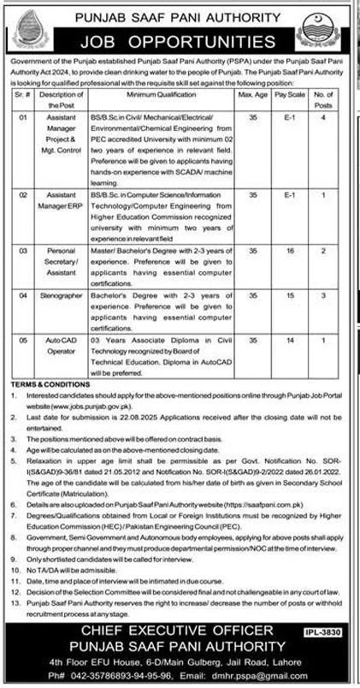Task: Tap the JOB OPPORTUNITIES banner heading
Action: (180, 41)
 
